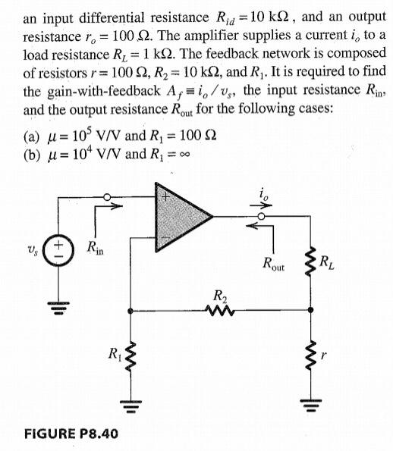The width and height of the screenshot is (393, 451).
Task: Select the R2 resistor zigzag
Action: click(x=221, y=308)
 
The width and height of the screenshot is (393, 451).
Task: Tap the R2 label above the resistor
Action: click(x=221, y=293)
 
